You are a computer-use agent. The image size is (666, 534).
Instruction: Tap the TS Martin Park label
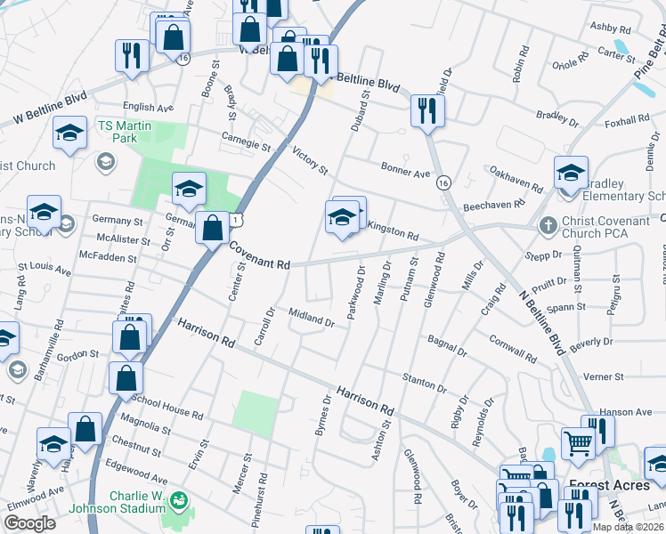(x=125, y=132)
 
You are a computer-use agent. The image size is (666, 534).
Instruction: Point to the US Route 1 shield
(x=235, y=218)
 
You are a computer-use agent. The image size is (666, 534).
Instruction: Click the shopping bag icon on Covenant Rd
(x=213, y=229)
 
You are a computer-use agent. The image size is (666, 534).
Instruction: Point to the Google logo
(x=29, y=522)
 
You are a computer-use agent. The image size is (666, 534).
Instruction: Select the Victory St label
(x=310, y=161)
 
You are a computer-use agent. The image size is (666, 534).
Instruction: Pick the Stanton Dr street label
(x=423, y=384)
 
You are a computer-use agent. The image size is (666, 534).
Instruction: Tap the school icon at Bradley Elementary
(x=571, y=173)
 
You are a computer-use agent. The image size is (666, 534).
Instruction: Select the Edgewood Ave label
(x=135, y=472)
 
